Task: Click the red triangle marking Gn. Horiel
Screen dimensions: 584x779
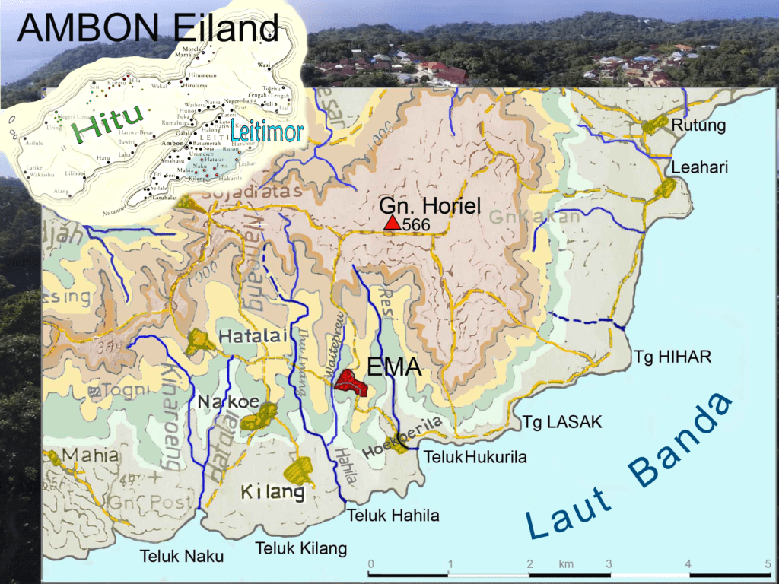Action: coord(392,223)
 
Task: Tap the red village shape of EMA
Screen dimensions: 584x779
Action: coord(352,382)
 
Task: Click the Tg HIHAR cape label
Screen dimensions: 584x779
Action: coord(672,357)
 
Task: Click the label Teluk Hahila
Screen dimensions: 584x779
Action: coord(393,516)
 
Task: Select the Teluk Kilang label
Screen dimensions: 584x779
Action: coord(300,548)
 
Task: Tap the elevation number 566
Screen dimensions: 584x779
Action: coord(416,225)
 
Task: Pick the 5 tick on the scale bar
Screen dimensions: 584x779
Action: coord(768,564)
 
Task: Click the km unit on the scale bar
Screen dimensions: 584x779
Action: coord(566,564)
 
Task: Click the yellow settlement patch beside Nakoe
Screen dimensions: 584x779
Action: coord(264,414)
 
